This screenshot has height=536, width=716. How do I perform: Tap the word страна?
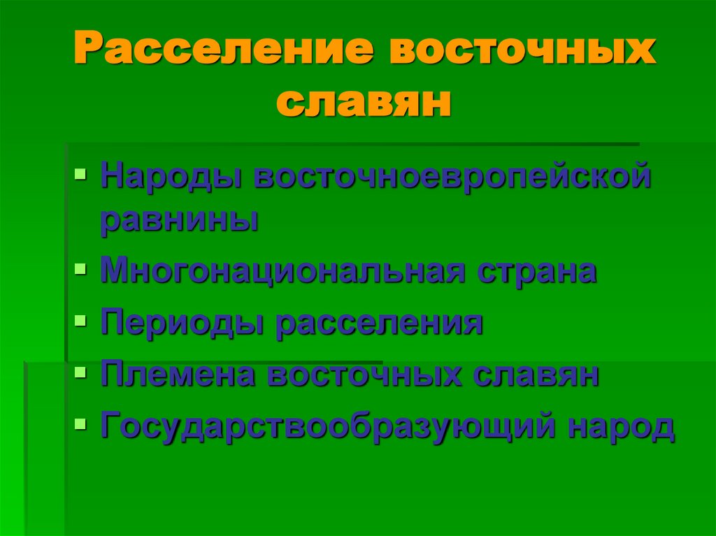click(537, 270)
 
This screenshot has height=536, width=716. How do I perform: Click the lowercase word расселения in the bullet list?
click(379, 323)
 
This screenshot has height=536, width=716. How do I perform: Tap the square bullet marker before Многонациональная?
click(81, 268)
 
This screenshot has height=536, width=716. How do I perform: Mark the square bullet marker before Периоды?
click(81, 320)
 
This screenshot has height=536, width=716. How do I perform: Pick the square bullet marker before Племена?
click(81, 371)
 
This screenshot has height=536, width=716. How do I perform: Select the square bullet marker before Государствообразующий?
click(81, 422)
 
